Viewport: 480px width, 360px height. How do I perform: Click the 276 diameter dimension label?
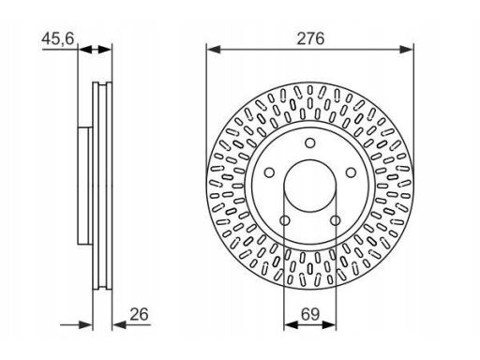coord(310,38)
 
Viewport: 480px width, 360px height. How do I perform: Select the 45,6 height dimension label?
coord(58,38)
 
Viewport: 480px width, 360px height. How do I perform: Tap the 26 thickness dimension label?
coord(139,314)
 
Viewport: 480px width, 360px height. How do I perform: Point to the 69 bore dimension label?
coord(310,314)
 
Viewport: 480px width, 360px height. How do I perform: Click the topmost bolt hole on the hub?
coord(310,143)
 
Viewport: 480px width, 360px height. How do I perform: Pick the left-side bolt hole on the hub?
coord(269,172)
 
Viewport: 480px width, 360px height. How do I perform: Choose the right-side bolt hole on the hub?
coord(351,172)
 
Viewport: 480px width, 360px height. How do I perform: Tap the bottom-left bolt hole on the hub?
coord(285,220)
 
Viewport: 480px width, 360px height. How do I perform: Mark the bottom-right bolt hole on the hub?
coord(336,220)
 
